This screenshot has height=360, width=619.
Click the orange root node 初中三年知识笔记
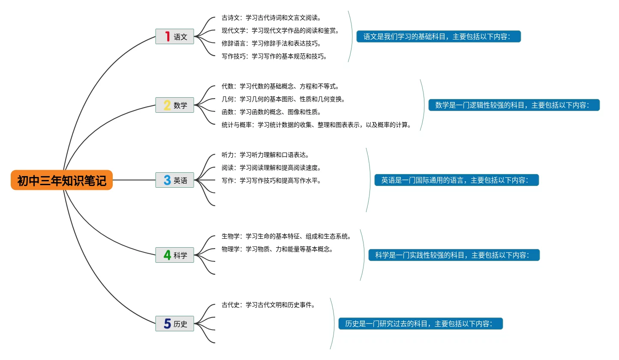coord(62,180)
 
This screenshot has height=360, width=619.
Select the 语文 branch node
coord(175,36)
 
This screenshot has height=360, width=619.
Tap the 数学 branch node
coord(175,105)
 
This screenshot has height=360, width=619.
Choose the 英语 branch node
coord(175,180)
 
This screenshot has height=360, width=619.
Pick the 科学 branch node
coord(175,255)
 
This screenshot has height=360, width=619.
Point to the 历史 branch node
coord(175,324)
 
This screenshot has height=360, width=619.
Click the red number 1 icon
coord(167,36)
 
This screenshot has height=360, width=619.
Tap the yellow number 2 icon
coord(167,105)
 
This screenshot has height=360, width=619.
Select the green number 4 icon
coord(167,255)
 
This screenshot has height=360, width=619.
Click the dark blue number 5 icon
coord(167,324)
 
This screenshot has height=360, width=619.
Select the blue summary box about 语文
coord(439,36)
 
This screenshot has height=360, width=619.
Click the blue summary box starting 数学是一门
coord(514,105)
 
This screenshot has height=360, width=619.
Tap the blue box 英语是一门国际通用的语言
coord(457,180)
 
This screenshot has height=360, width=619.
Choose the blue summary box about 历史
coord(420,324)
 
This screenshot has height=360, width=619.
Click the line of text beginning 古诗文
coord(271,18)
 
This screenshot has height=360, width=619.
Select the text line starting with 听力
coord(265,155)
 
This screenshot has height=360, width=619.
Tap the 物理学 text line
coord(277,249)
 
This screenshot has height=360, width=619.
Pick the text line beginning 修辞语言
coord(271,43)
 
